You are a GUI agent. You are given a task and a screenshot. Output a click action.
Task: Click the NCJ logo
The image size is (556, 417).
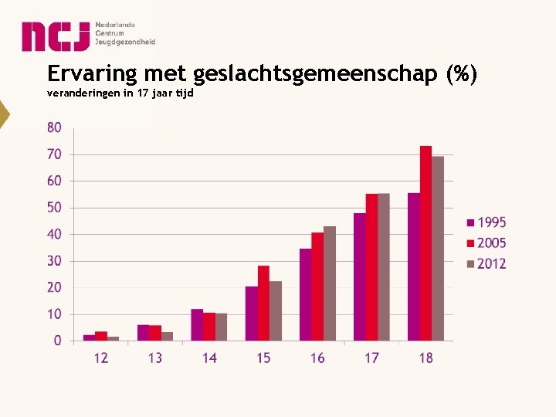pos(88,36)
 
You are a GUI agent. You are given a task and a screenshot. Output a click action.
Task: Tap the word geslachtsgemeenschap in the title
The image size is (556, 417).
pos(316,75)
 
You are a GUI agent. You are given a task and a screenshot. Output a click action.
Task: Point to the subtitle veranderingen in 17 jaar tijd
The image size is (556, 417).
pos(120,93)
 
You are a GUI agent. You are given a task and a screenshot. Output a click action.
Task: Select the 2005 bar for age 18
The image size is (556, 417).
pos(425,243)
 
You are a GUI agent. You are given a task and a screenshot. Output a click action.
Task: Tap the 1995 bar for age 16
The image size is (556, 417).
pos(306,294)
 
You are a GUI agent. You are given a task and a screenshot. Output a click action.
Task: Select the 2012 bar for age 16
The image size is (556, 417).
pos(330,283)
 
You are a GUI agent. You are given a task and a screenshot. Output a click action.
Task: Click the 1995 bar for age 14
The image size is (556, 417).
pos(197,324)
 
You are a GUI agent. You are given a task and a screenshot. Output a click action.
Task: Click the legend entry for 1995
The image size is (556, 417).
pos(486,222)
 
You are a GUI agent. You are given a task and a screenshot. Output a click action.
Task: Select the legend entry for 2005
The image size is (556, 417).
pos(486,243)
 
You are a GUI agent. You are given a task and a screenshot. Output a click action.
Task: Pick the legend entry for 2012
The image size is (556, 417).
pos(486,263)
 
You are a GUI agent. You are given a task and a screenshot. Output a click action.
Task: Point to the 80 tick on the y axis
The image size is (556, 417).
pos(54,127)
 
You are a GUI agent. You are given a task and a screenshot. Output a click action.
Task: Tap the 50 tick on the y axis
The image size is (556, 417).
pos(54,207)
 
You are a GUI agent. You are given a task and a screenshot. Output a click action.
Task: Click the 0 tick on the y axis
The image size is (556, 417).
pos(58,341)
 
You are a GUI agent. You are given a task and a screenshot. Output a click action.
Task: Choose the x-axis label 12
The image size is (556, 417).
pos(101,358)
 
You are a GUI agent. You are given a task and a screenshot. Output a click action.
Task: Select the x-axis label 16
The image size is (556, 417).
pos(317,358)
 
